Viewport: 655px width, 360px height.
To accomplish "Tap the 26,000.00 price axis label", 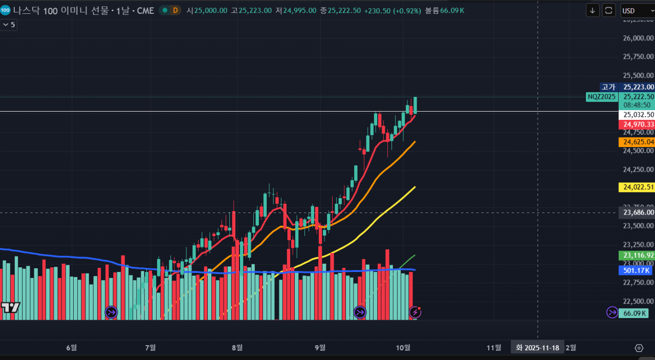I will pyautogui.click(x=637, y=38).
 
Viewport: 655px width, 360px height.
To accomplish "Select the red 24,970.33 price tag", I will pyautogui.click(x=637, y=124).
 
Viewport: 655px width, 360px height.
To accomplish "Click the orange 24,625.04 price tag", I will pyautogui.click(x=637, y=142).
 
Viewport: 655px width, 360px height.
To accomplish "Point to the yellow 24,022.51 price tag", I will pyautogui.click(x=637, y=187).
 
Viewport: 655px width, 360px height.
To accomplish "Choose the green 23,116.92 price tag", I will pyautogui.click(x=637, y=255).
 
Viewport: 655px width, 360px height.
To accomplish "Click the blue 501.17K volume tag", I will pyautogui.click(x=637, y=270).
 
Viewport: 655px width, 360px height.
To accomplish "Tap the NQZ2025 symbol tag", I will pyautogui.click(x=601, y=96).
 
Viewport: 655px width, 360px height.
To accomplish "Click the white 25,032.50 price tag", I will pyautogui.click(x=637, y=115).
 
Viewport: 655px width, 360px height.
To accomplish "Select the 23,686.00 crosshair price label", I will pyautogui.click(x=637, y=212).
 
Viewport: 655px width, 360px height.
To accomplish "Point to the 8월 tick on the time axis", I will pyautogui.click(x=237, y=348).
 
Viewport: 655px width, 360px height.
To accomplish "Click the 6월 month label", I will pyautogui.click(x=72, y=348).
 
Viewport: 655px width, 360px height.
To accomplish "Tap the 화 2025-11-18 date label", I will pyautogui.click(x=537, y=348).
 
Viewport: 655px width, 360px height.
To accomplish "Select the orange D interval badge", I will pyautogui.click(x=176, y=10).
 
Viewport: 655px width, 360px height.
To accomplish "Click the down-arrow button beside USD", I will pyautogui.click(x=593, y=10).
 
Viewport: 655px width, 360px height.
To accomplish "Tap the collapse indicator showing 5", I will pyautogui.click(x=9, y=24).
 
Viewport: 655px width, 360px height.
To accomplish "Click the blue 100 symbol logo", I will pyautogui.click(x=5, y=10).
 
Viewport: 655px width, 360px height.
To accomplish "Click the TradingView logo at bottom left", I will pyautogui.click(x=10, y=307).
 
